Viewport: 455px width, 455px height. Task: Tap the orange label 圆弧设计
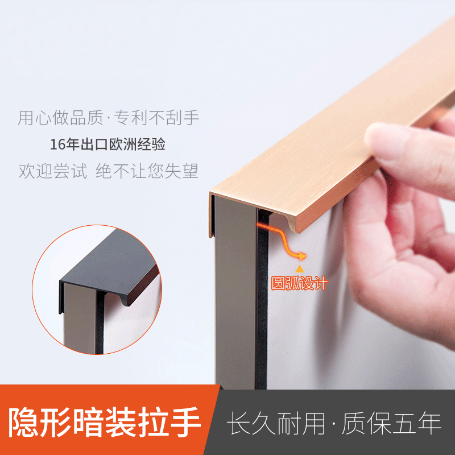click(x=299, y=283)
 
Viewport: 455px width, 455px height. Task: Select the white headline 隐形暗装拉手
click(x=106, y=422)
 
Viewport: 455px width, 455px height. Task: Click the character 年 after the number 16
click(x=72, y=144)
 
